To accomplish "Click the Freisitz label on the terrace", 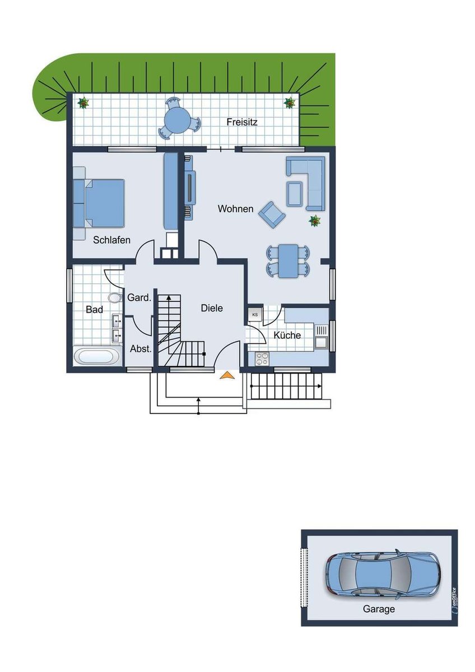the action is coord(242,122).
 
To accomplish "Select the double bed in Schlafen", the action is coord(104,203).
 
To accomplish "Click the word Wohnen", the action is coord(236,208).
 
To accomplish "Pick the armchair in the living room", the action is coord(272,215).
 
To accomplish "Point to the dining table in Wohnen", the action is coord(288,261).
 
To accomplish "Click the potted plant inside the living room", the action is coord(315,221).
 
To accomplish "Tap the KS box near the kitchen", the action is coord(255,315).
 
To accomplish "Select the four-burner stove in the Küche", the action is coord(262,359).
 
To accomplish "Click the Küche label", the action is coord(287,335).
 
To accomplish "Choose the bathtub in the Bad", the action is coord(96,356).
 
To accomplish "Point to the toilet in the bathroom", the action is coord(115,298).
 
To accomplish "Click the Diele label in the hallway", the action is coord(212,308).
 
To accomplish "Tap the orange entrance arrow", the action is coord(226,375).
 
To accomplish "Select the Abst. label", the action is coord(141,349).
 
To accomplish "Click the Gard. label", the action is coord(139,298).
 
